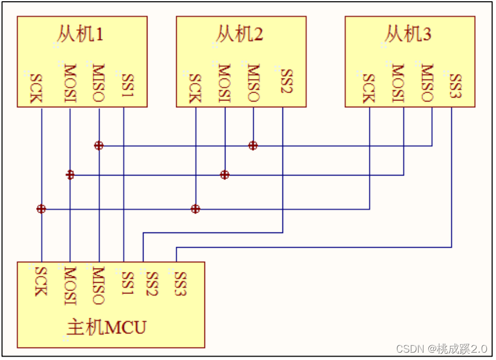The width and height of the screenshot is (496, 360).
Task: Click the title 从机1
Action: (x=80, y=35)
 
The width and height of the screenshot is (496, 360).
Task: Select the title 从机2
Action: (x=240, y=35)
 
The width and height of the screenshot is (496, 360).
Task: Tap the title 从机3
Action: (x=408, y=35)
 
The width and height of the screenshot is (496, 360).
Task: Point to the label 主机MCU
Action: (x=107, y=328)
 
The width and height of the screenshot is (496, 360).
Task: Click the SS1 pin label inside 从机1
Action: (x=128, y=87)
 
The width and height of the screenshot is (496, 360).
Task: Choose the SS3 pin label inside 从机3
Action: (x=455, y=86)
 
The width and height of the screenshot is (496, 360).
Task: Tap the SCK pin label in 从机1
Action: (x=36, y=89)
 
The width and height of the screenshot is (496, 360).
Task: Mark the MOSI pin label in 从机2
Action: (x=224, y=84)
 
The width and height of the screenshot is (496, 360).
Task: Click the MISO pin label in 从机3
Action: (x=427, y=84)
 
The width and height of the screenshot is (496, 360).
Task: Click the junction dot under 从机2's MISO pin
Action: (x=253, y=146)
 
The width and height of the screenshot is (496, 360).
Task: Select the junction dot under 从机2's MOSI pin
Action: (x=225, y=175)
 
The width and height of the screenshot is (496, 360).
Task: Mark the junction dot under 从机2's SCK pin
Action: (x=195, y=209)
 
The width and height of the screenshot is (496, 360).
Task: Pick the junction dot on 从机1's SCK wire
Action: (x=41, y=209)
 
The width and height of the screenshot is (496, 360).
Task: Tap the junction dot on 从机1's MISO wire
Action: (x=99, y=146)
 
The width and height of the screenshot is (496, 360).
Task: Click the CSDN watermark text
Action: (x=441, y=348)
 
